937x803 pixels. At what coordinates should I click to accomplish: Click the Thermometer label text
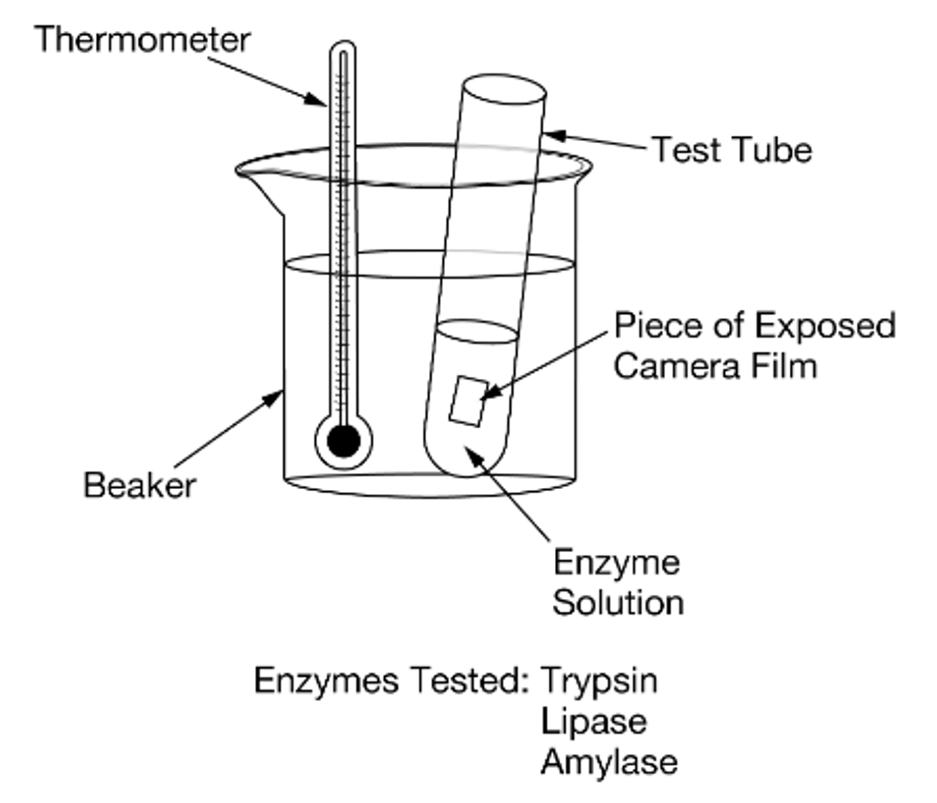[x=142, y=40]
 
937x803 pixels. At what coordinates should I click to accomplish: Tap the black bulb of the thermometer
[x=343, y=441]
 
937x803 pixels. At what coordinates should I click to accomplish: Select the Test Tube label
[x=732, y=150]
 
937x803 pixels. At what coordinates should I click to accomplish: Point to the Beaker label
[x=139, y=485]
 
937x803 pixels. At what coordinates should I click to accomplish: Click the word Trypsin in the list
[x=599, y=681]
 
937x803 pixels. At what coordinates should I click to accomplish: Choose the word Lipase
[x=594, y=721]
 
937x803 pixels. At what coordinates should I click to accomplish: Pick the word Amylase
[x=609, y=762]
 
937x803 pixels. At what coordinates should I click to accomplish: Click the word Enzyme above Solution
[x=616, y=562]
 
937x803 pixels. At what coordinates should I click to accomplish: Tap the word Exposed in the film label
[x=825, y=326]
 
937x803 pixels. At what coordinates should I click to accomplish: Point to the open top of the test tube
[x=504, y=89]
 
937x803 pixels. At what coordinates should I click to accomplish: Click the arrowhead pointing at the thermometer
[x=317, y=100]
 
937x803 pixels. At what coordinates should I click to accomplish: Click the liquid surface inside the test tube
[x=477, y=331]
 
